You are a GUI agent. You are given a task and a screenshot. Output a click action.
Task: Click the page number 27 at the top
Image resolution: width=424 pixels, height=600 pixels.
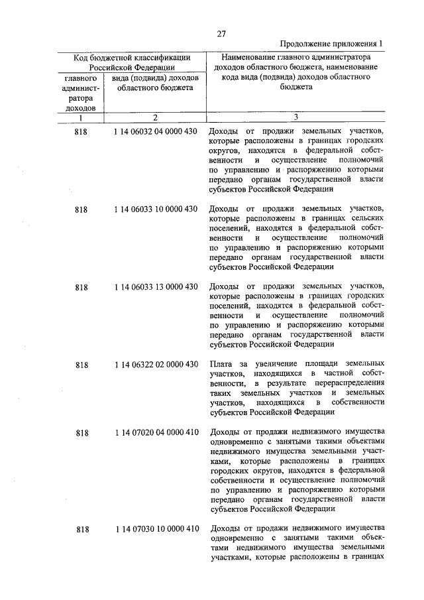pos(222,34)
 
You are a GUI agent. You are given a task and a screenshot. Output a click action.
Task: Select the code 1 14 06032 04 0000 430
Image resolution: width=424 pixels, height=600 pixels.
pos(156,131)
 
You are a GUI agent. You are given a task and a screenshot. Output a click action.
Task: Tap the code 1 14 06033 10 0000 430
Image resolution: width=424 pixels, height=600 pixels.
pos(156,210)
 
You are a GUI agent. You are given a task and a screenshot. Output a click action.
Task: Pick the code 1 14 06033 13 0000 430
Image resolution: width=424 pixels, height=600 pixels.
pos(156,287)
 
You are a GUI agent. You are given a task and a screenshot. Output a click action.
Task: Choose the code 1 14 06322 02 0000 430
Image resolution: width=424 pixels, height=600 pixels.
pos(156,365)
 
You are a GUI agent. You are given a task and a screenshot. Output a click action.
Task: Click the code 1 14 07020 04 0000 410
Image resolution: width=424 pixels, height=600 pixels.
pos(156,433)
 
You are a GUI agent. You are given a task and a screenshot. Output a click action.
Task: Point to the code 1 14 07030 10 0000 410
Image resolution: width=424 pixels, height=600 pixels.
pos(156,529)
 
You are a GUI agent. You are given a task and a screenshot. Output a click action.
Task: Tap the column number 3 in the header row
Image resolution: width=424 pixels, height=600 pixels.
pos(295,117)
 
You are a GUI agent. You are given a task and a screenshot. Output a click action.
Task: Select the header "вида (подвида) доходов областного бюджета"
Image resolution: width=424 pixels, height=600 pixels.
pos(156,82)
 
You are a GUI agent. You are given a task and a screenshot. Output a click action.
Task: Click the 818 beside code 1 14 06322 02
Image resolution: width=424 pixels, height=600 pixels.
pos(81,365)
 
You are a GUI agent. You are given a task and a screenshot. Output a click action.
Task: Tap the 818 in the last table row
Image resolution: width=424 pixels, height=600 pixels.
pos(81,529)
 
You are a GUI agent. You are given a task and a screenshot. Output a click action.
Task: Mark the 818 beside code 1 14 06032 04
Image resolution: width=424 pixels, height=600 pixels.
pos(81,131)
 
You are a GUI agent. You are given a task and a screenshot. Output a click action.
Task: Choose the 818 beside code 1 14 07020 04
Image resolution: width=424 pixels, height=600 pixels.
pos(81,433)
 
